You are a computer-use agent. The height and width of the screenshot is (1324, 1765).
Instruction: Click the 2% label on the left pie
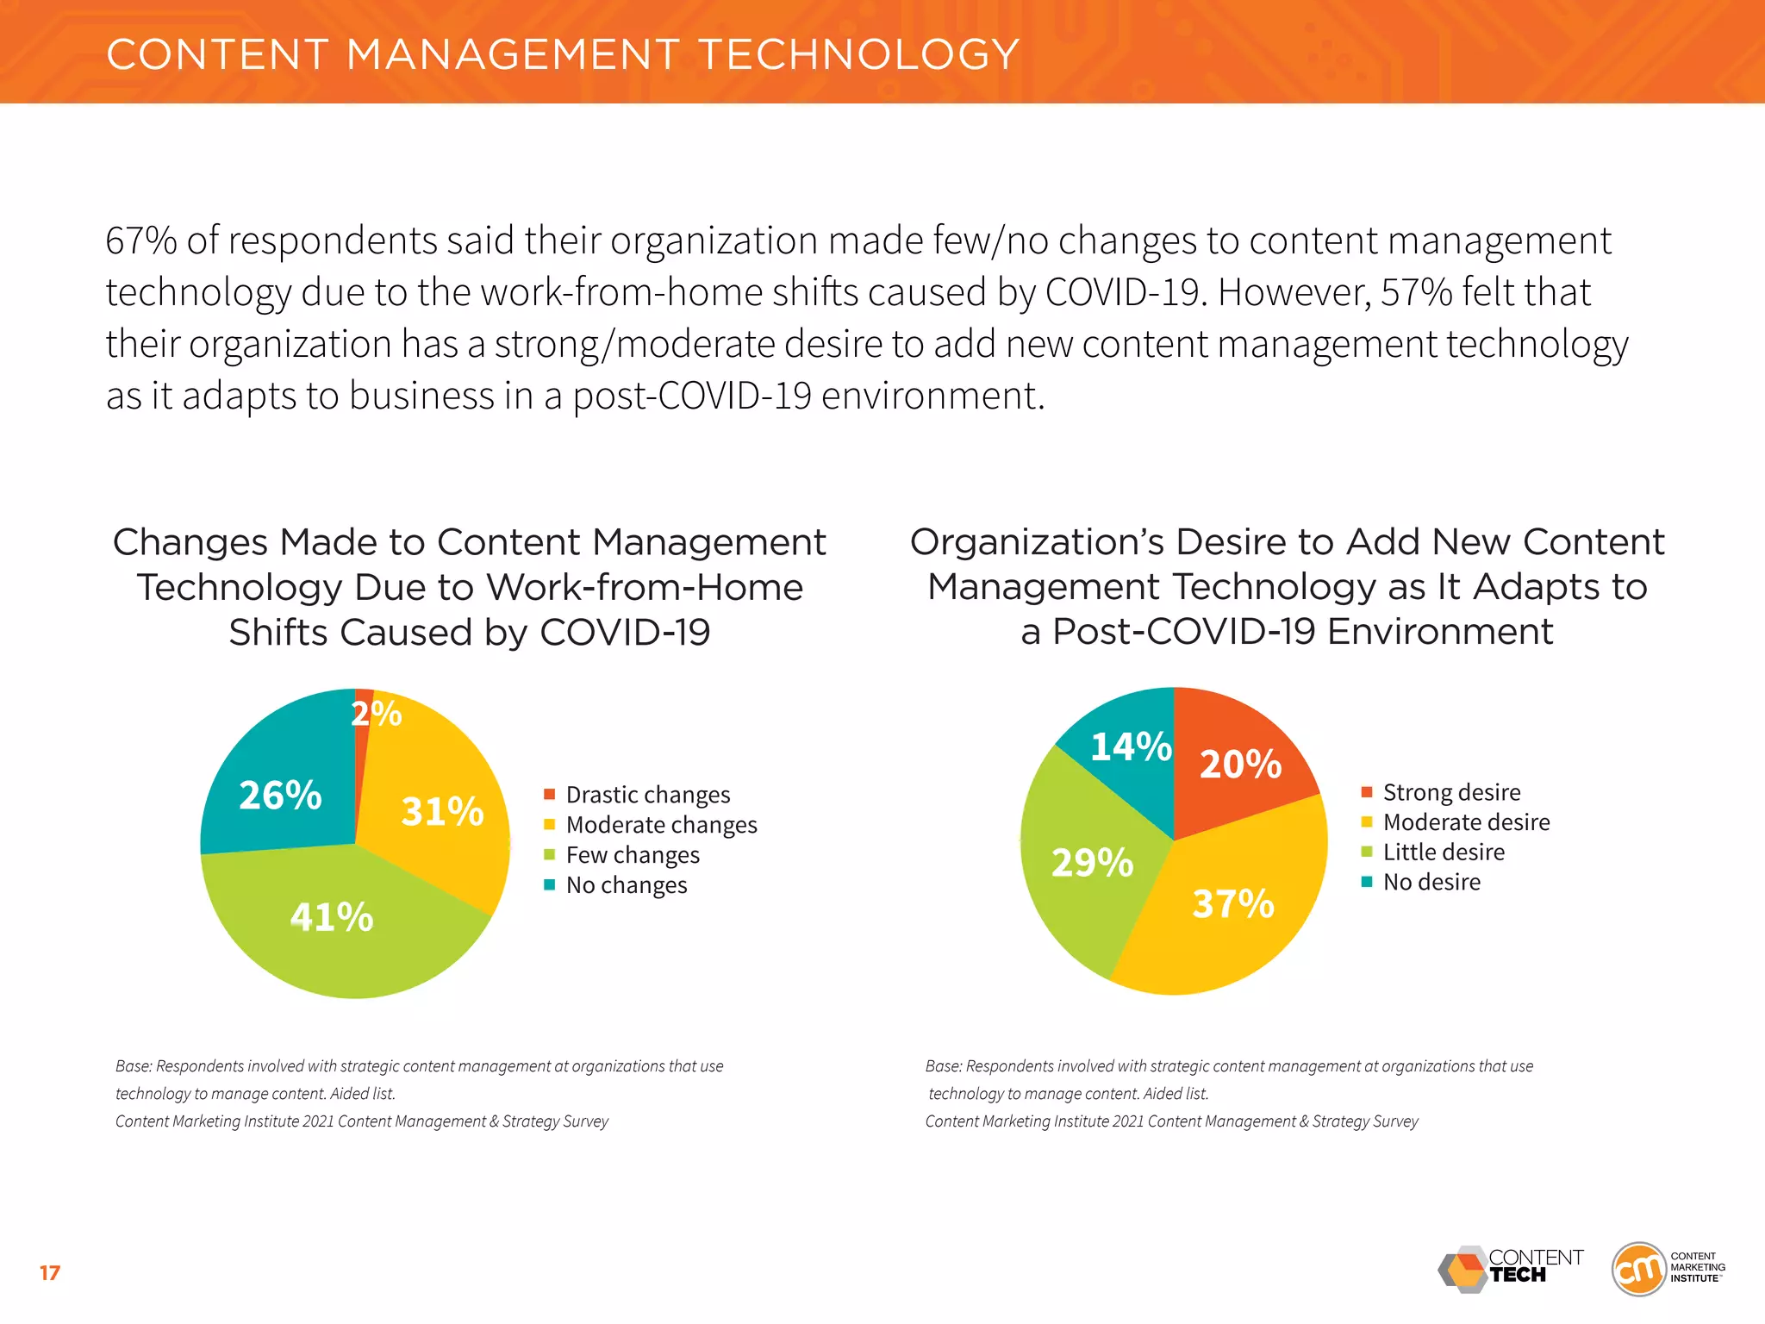coord(376,714)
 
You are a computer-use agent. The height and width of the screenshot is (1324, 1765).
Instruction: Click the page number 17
coord(50,1272)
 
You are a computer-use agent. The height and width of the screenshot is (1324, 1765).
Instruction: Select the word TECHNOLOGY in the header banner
coord(858,54)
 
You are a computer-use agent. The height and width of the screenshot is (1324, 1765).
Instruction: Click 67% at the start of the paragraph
coord(140,240)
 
